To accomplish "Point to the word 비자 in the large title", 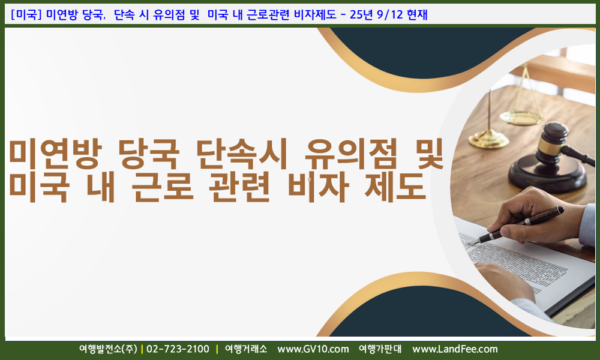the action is (x=319, y=187).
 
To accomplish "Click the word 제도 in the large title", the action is (x=395, y=187).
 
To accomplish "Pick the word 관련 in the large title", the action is (x=240, y=187).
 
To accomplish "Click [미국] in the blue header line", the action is (x=26, y=14).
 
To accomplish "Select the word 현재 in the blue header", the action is (x=417, y=14).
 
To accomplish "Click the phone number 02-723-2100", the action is (x=178, y=349).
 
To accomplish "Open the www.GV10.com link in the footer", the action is (x=313, y=349).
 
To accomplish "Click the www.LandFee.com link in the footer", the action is (x=455, y=349).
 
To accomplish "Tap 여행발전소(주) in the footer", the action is (x=108, y=349).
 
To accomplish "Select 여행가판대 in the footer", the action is (x=380, y=349).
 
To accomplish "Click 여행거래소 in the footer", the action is (x=246, y=349).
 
